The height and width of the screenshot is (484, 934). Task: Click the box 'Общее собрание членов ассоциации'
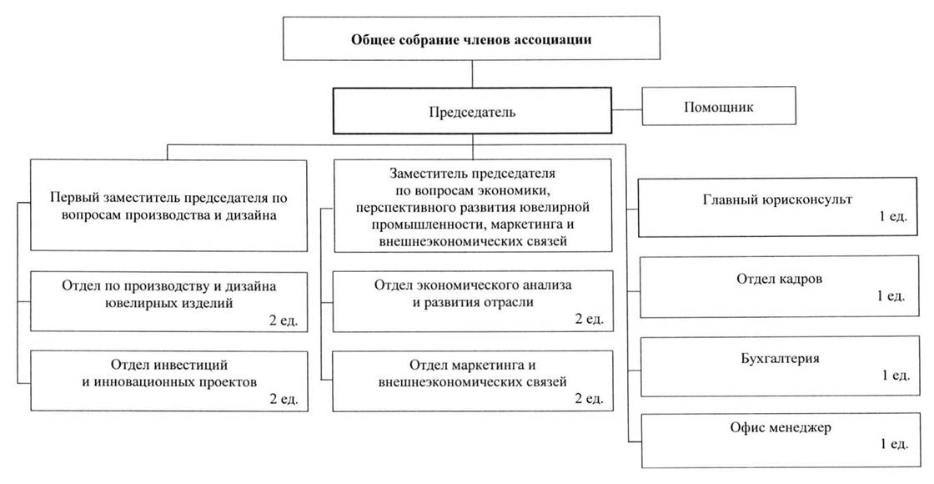coord(471,38)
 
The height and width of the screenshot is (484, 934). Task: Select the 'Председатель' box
coord(472,111)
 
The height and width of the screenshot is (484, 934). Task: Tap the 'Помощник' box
coord(718,106)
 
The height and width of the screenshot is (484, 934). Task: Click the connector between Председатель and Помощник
coord(626,110)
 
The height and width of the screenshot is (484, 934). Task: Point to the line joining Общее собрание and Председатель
coord(472,74)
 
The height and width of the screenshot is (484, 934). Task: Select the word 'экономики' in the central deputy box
coord(517,191)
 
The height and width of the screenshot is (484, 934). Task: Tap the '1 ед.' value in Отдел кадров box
coord(891,295)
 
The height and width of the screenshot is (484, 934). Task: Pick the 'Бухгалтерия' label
coord(780,358)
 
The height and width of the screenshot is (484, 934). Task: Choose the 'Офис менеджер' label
coord(781,427)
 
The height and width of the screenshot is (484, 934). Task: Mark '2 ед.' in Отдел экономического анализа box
coord(589,319)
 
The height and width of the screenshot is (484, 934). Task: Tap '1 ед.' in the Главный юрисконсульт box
coord(893,216)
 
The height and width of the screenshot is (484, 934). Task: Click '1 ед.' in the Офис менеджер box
coord(894,444)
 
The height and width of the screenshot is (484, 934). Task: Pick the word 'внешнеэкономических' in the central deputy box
coord(441,241)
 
